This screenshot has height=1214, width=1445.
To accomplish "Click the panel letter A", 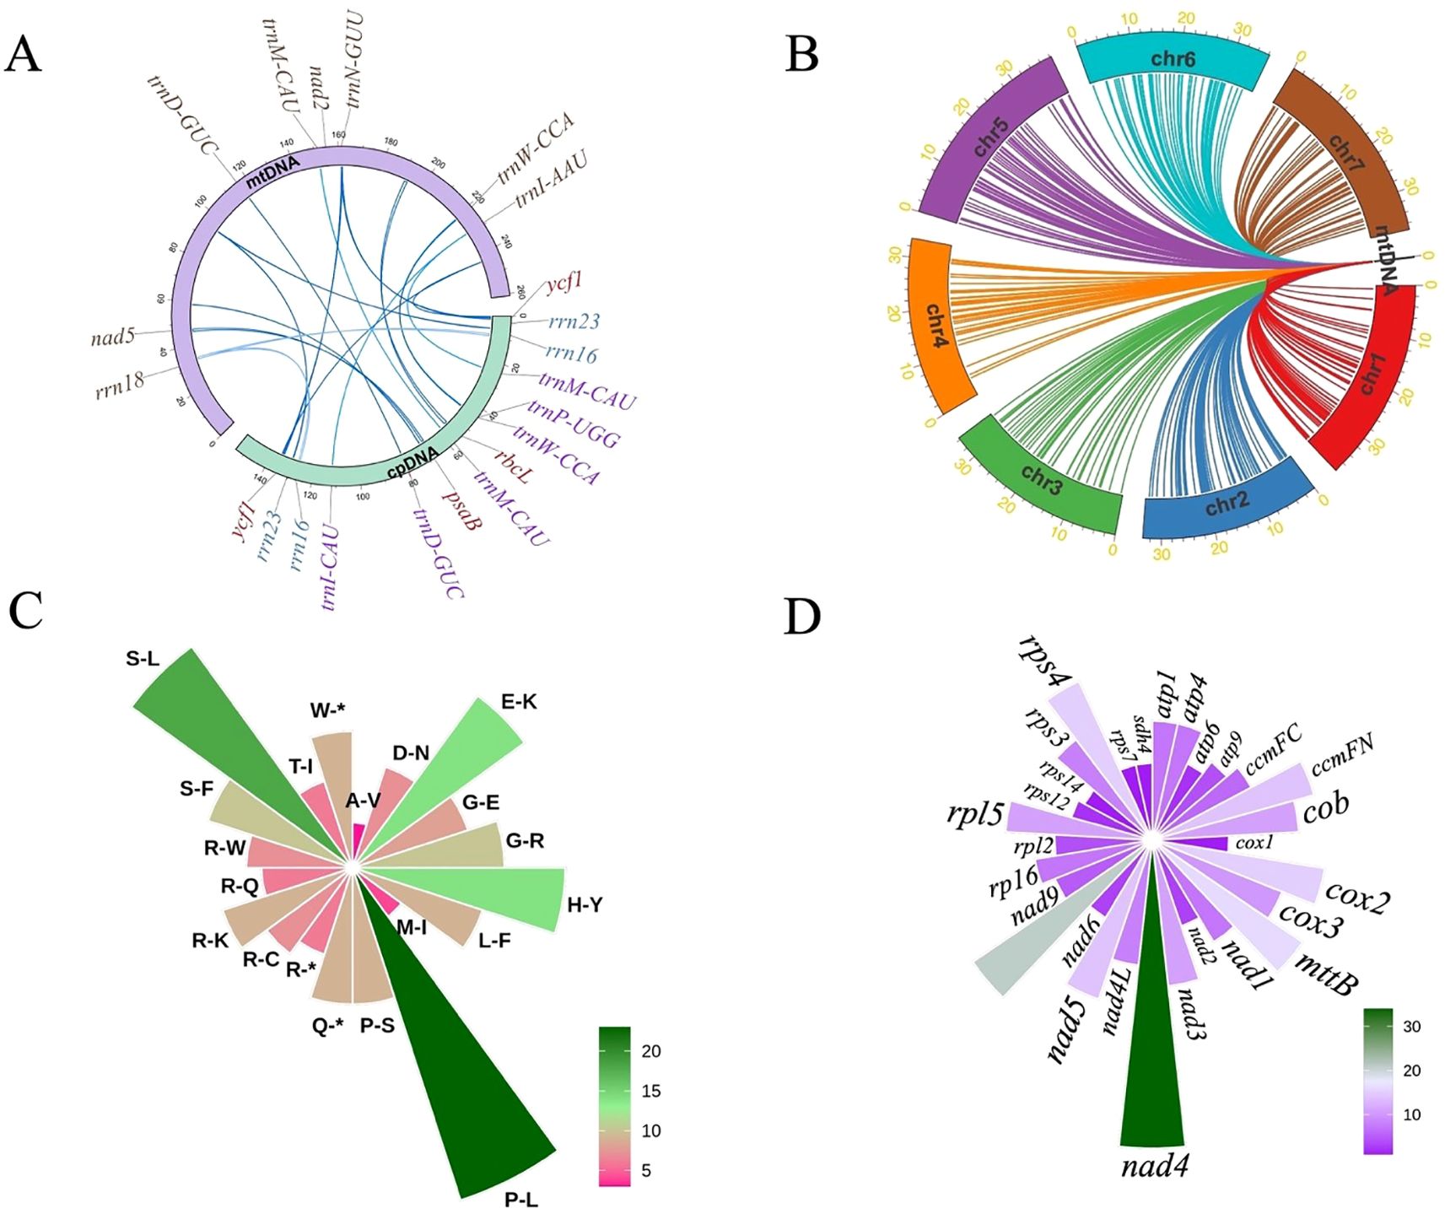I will (23, 55).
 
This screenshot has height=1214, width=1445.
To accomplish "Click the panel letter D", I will (801, 617).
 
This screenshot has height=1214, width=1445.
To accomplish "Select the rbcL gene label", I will (513, 467).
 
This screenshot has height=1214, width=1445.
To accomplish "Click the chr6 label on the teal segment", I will (1173, 59).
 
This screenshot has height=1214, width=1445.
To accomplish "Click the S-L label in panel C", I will (143, 659).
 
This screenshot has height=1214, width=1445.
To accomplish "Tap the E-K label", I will (519, 702).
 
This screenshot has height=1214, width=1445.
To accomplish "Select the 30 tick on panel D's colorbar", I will (1411, 1027).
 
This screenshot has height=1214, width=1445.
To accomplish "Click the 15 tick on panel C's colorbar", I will (650, 1091).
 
